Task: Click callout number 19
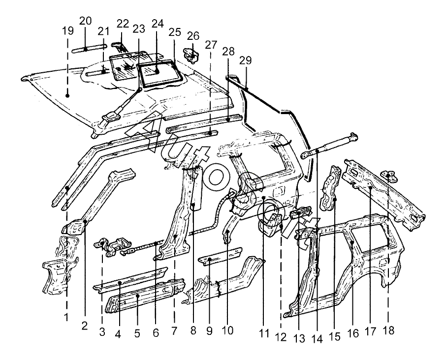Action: click(x=68, y=30)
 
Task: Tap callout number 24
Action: click(x=158, y=24)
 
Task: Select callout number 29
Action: click(x=246, y=60)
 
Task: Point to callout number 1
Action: click(x=66, y=317)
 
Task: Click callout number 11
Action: click(x=264, y=334)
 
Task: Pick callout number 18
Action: click(x=389, y=330)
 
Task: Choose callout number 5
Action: click(x=137, y=333)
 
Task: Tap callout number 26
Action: click(x=193, y=36)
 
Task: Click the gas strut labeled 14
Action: click(x=329, y=146)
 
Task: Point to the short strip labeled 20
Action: click(x=89, y=48)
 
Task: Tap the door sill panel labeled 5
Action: click(x=145, y=295)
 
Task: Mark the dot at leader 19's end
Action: click(x=67, y=96)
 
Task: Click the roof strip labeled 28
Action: click(x=204, y=118)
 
